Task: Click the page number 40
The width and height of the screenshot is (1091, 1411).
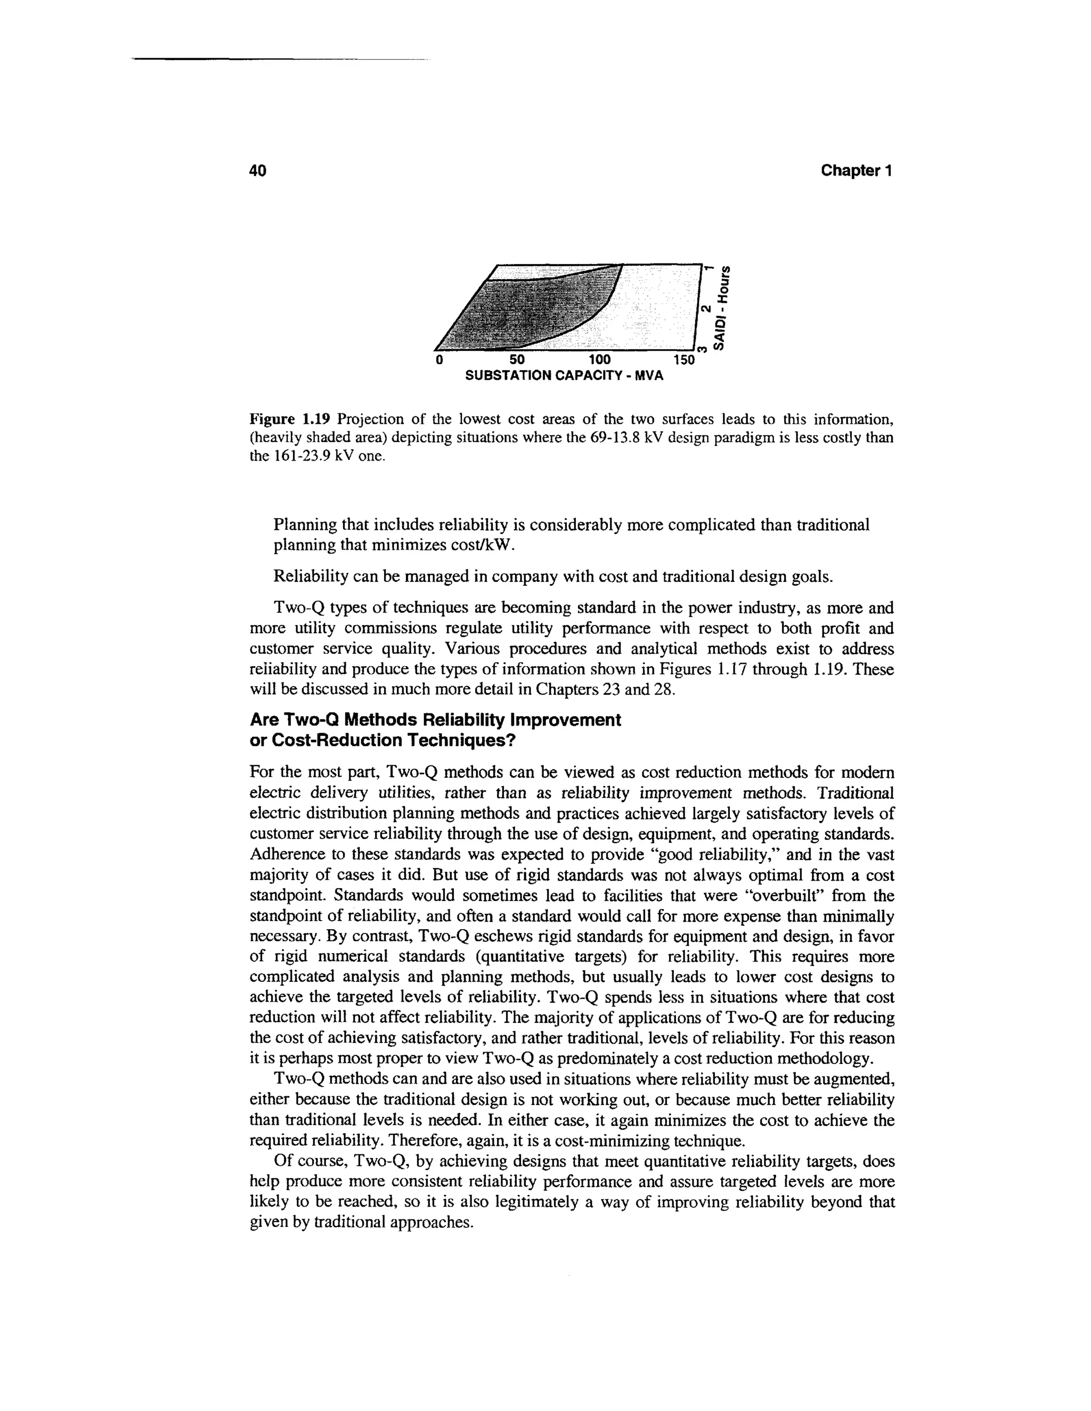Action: (x=258, y=170)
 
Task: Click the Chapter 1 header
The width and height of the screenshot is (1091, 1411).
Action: (x=856, y=170)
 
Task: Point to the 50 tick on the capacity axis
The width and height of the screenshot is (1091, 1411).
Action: (x=517, y=359)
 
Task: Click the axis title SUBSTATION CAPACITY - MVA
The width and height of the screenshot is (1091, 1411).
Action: (x=564, y=375)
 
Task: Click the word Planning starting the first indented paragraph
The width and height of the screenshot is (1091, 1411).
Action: (x=305, y=524)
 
